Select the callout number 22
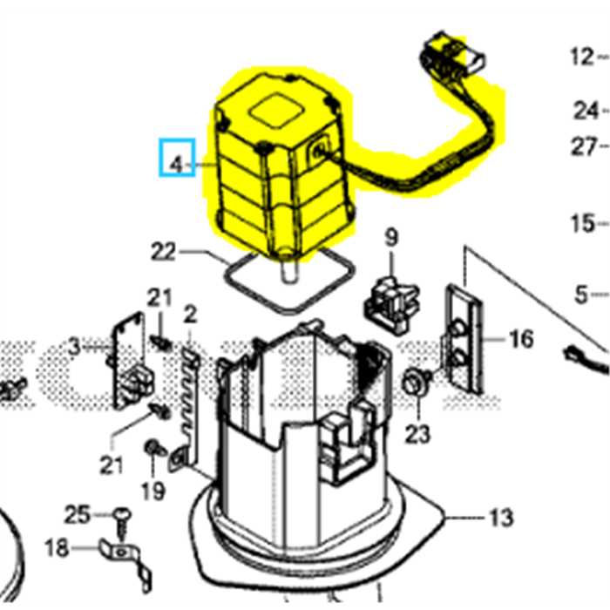[163, 252]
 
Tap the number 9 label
[390, 236]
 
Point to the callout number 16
[520, 338]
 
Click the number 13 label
[499, 518]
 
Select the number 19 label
[152, 491]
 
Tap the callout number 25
[78, 514]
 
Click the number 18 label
[56, 547]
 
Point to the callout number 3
[75, 347]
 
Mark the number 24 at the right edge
[586, 110]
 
